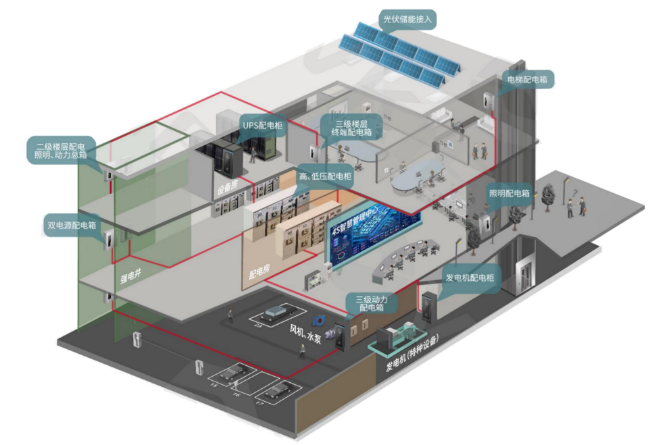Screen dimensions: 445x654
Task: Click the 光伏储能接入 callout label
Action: [408, 20]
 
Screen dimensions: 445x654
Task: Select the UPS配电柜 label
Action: [261, 126]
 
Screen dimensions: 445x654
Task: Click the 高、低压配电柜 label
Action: [325, 176]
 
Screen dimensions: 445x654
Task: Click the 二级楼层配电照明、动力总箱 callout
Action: [61, 150]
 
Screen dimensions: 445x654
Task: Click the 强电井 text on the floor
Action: [132, 278]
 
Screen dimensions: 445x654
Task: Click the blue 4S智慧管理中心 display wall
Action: [374, 233]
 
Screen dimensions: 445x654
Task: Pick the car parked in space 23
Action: [277, 313]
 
